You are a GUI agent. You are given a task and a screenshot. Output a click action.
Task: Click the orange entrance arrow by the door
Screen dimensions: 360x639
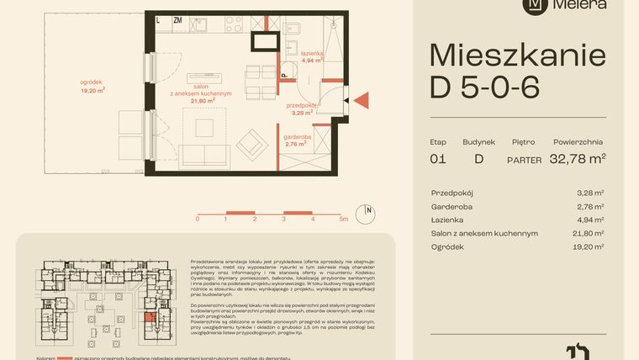point(362,100)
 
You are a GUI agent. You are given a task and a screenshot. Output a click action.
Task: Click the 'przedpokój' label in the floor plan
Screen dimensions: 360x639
point(300,106)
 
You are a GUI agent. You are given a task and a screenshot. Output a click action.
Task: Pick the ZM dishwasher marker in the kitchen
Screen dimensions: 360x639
point(177,19)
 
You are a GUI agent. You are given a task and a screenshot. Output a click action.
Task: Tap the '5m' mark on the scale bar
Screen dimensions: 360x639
point(344,219)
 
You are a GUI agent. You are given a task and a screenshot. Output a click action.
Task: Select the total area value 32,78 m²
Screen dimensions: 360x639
point(578,157)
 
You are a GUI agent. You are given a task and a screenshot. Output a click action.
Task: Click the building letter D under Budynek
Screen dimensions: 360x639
point(479,157)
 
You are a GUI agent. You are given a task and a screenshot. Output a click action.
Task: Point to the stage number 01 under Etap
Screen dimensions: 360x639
point(437,157)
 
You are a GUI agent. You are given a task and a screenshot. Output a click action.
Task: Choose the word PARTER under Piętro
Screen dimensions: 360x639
point(523,158)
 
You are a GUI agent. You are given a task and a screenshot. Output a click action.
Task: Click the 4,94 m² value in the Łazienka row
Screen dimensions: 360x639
point(593,219)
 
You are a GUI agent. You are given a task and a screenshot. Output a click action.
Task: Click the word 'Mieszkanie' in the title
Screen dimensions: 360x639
point(517,56)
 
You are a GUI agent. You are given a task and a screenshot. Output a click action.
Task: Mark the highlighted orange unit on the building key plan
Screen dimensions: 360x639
point(151,318)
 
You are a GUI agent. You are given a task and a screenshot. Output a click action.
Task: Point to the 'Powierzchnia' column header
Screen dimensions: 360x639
point(579,142)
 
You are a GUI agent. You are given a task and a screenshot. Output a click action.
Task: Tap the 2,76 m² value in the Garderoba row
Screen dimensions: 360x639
point(593,205)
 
